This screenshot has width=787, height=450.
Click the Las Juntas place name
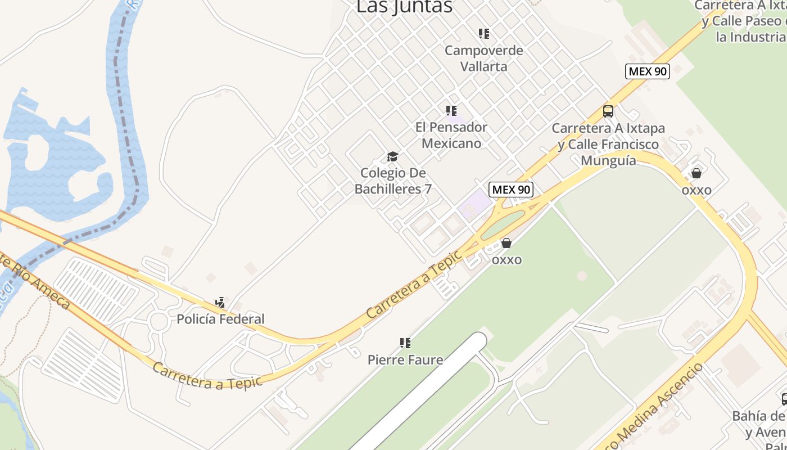(x=404, y=7)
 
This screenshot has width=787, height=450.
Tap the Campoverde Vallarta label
(x=483, y=58)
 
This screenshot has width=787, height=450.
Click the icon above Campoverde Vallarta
(x=483, y=34)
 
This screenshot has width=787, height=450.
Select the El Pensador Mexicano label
(x=451, y=135)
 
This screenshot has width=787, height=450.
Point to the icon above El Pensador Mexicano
(x=451, y=111)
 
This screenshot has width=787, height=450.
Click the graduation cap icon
(x=392, y=156)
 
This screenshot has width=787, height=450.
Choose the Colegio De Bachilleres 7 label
(x=393, y=181)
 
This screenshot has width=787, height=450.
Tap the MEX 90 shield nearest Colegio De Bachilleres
(x=510, y=190)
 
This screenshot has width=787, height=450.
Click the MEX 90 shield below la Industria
(x=648, y=71)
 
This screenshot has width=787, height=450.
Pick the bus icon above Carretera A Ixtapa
(x=608, y=111)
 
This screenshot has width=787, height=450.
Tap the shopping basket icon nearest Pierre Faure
(x=506, y=243)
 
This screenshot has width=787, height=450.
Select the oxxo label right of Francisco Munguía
(x=696, y=190)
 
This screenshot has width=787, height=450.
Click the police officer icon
(x=220, y=303)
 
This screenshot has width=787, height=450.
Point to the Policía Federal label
(x=220, y=319)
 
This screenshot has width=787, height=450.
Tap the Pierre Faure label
(x=405, y=359)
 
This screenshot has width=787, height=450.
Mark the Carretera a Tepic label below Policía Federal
(x=207, y=376)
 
